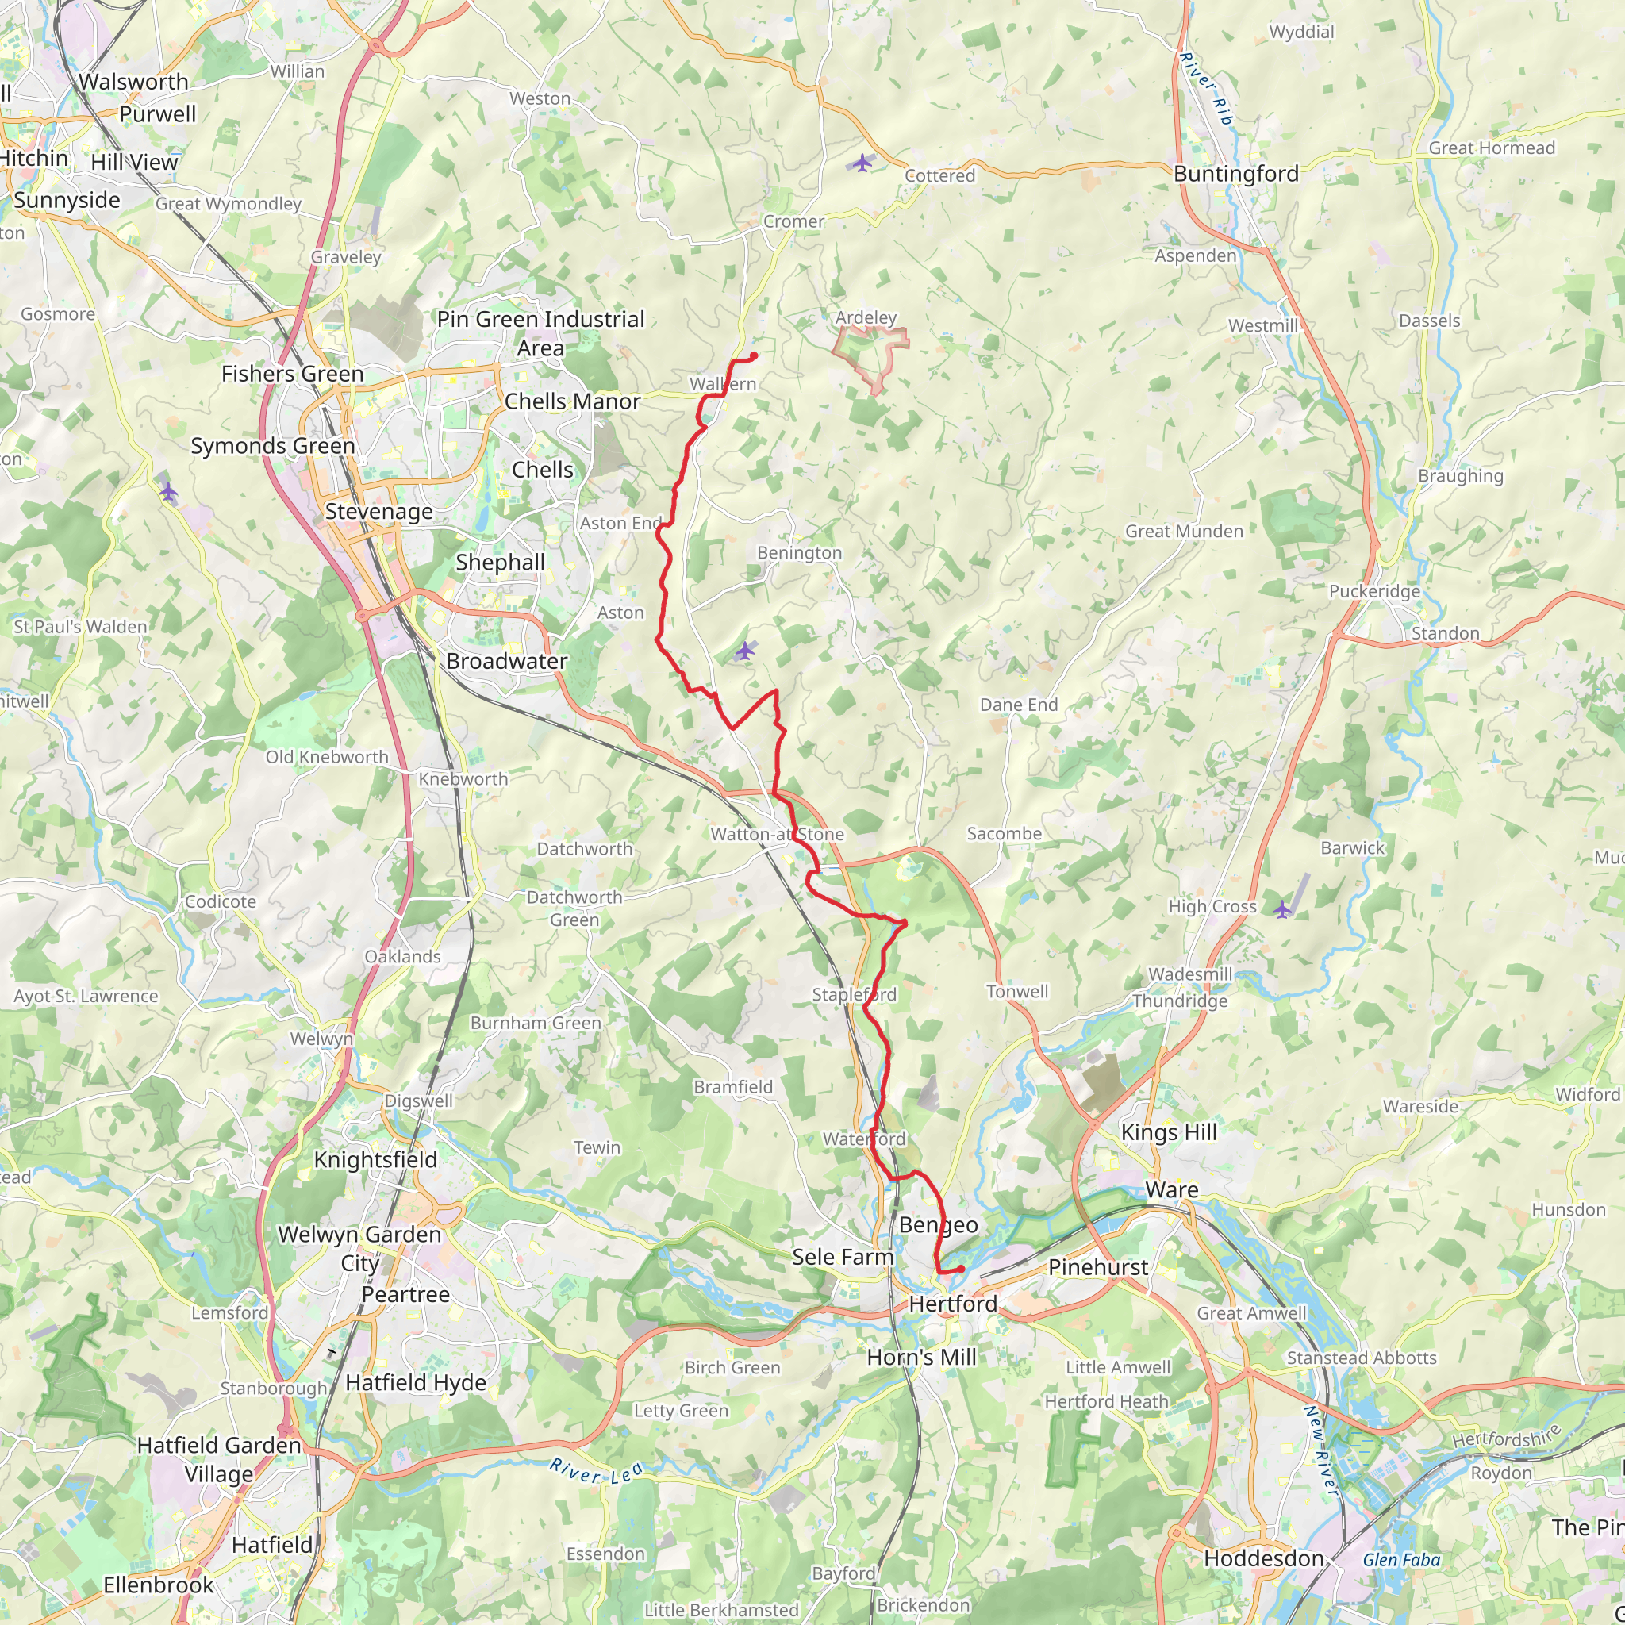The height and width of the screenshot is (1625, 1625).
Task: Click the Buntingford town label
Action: coord(1235,174)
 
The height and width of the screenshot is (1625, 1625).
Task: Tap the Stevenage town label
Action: coord(378,512)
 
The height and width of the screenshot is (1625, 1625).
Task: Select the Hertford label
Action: coord(953,1304)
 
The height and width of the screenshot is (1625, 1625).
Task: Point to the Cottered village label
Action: coord(939,176)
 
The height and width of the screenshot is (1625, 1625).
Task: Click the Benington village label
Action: coord(799,552)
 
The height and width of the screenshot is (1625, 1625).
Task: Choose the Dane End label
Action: coord(1019,705)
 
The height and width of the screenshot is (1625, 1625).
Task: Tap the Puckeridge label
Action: coord(1374,591)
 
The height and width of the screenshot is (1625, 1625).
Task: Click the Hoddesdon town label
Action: coord(1263,1558)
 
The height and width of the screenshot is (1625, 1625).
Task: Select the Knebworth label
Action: coord(463,779)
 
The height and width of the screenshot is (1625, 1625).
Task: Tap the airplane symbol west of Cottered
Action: coord(862,163)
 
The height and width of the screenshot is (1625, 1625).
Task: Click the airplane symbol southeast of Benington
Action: coord(744,651)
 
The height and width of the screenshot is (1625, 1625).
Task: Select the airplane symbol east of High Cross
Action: coord(1282,909)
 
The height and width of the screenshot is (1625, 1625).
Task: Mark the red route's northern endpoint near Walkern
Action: coord(754,356)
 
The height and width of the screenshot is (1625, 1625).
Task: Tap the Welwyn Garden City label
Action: coord(359,1248)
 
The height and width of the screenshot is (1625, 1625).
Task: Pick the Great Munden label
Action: coord(1183,532)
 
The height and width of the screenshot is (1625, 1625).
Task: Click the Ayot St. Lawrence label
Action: coord(86,996)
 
